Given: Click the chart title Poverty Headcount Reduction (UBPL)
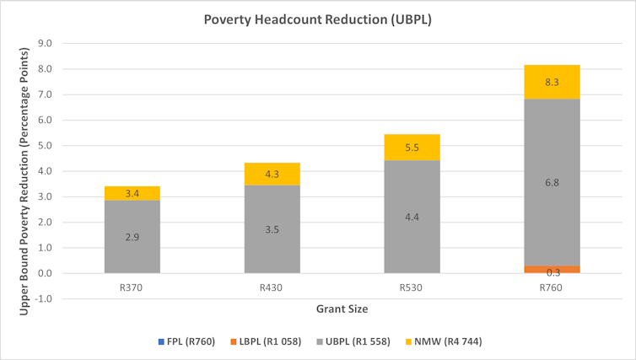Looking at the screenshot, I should tap(317, 19).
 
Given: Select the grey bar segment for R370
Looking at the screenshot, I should tap(132, 237).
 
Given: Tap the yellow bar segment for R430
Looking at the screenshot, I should tap(272, 174).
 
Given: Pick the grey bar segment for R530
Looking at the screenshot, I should tap(412, 217).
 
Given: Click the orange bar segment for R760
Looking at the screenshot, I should tap(552, 269).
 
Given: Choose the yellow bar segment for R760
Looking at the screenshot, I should tap(552, 82).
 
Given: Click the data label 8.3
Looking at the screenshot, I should tap(552, 83).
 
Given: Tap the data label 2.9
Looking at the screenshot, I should tap(132, 237).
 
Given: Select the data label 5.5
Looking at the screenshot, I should tap(412, 148).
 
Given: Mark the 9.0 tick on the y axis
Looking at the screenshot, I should tap(46, 43).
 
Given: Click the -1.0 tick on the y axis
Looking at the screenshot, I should tap(44, 298).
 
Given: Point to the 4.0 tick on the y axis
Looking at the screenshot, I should tap(46, 171).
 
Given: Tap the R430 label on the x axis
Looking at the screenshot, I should tap(272, 287).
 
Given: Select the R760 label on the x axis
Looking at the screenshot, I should tap(552, 287).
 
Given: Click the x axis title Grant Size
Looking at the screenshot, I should tap(341, 309).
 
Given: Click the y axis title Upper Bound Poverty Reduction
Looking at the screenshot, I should tap(24, 170).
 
